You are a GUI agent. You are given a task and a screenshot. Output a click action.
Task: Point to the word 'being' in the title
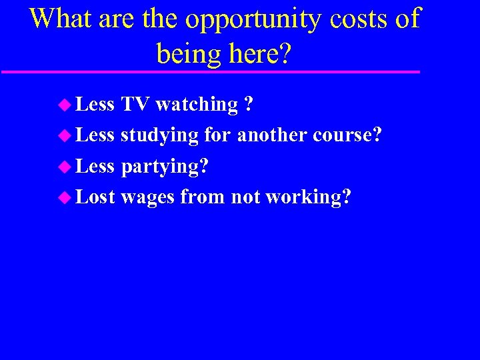(187, 53)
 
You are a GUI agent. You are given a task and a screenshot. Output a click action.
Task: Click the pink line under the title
(210, 71)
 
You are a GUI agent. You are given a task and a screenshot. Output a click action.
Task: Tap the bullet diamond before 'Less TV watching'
(64, 105)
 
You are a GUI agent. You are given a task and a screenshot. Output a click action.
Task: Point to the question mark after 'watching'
(248, 105)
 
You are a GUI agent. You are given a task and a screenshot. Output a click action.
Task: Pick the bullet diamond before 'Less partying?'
(64, 166)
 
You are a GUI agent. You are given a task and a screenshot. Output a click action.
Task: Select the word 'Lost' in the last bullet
(95, 197)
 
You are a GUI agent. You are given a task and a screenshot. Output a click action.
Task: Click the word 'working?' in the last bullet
(308, 198)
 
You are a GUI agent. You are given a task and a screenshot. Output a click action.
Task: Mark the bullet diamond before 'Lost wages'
(64, 197)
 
